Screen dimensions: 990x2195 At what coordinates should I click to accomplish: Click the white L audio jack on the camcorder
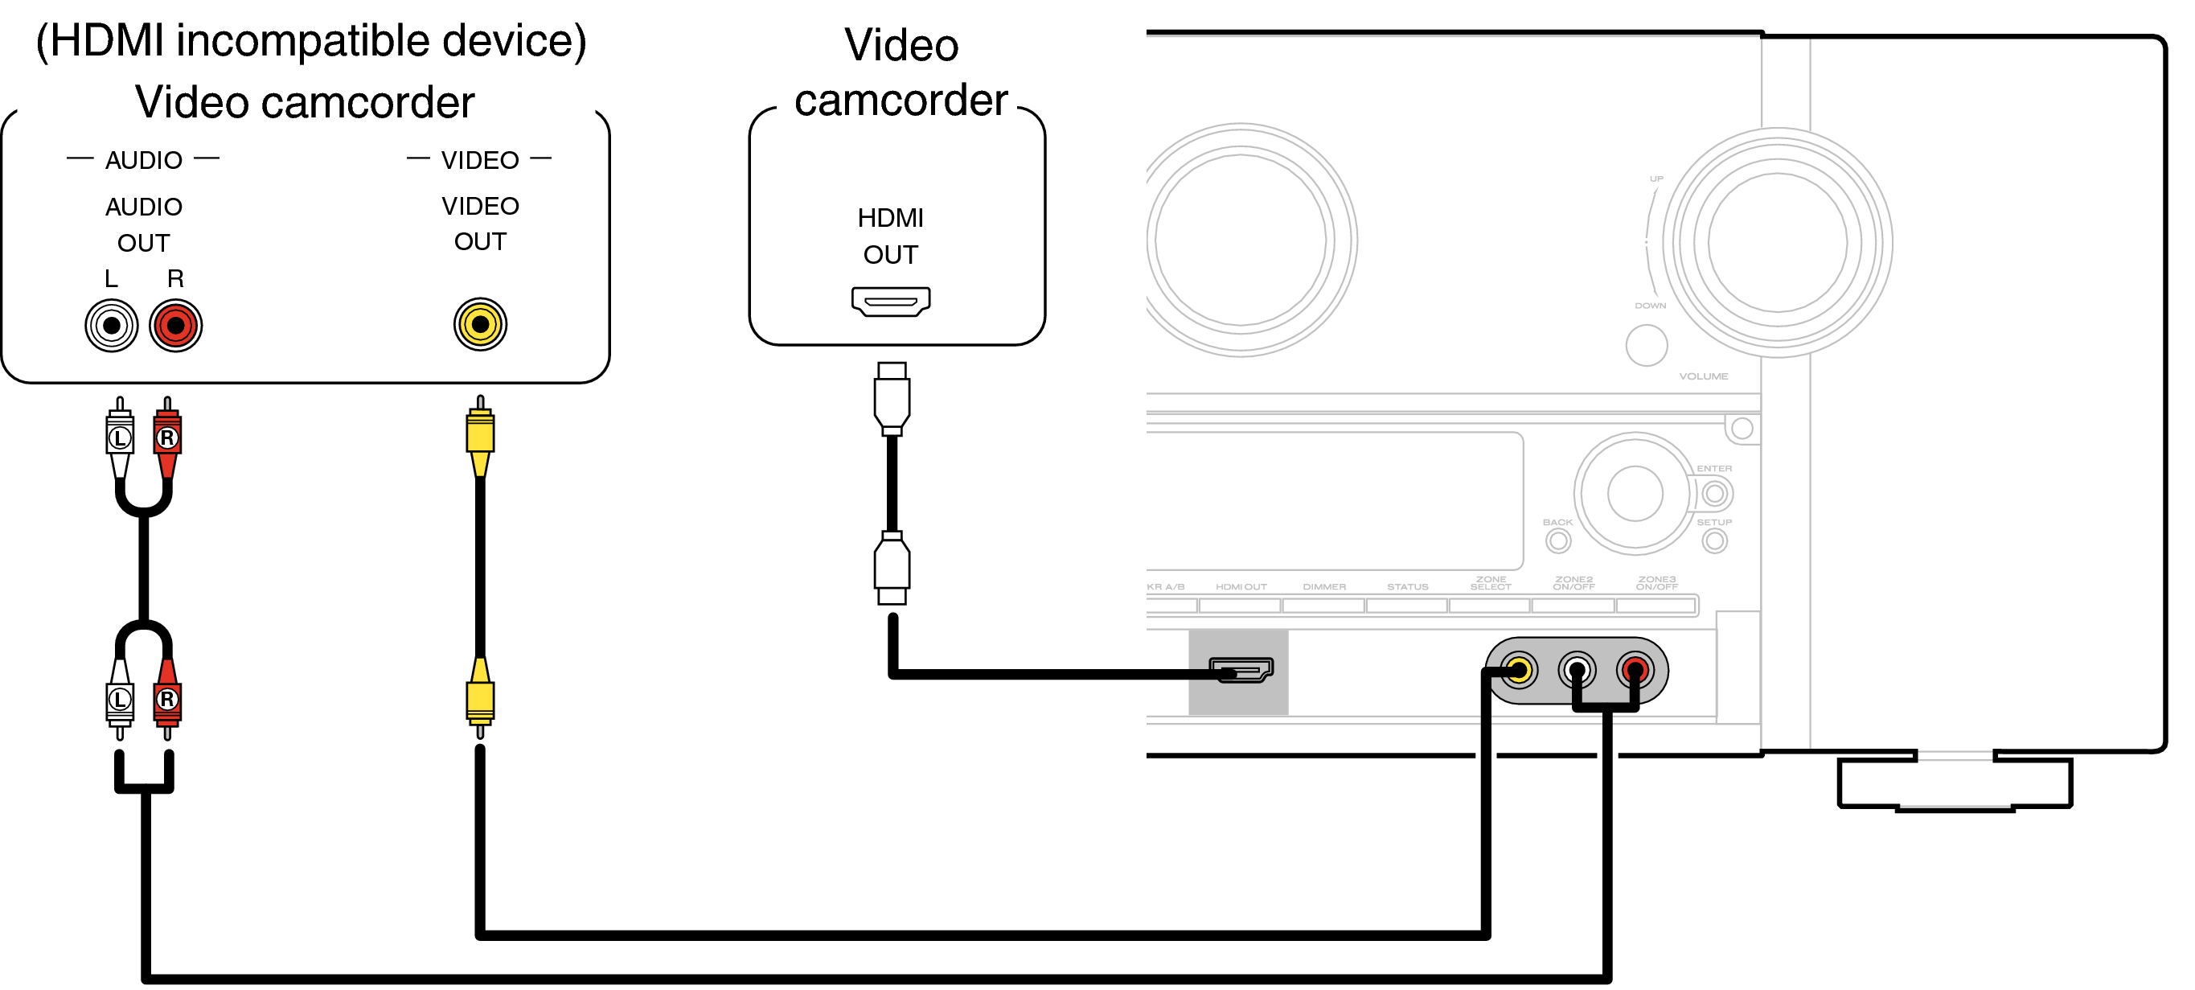coord(111,325)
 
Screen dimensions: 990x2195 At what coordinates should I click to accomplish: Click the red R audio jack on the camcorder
coord(175,325)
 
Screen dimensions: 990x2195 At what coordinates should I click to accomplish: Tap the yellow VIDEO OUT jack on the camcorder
coord(480,324)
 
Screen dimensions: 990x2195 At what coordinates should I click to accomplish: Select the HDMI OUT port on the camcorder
coord(890,301)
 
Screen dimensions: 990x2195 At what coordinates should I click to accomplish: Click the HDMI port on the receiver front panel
coord(1241,670)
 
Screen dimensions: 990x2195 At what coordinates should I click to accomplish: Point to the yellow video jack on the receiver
coord(1519,670)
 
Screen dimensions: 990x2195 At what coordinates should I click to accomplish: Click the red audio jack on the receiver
coord(1635,670)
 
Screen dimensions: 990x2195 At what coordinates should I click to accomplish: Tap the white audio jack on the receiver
coord(1577,670)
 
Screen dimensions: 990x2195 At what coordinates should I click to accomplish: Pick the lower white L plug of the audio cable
coord(119,699)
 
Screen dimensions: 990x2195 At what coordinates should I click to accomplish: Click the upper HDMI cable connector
coord(892,398)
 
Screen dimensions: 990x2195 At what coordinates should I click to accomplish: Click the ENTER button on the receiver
coord(1713,492)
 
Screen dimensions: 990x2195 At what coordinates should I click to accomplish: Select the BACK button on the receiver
coord(1557,540)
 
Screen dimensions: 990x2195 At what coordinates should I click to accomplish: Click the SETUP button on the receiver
coord(1713,540)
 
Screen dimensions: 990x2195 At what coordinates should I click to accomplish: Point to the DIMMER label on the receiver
coord(1323,586)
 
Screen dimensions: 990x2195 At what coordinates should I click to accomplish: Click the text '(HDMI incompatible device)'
coord(311,40)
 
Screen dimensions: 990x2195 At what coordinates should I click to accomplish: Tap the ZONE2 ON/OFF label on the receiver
coord(1573,583)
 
